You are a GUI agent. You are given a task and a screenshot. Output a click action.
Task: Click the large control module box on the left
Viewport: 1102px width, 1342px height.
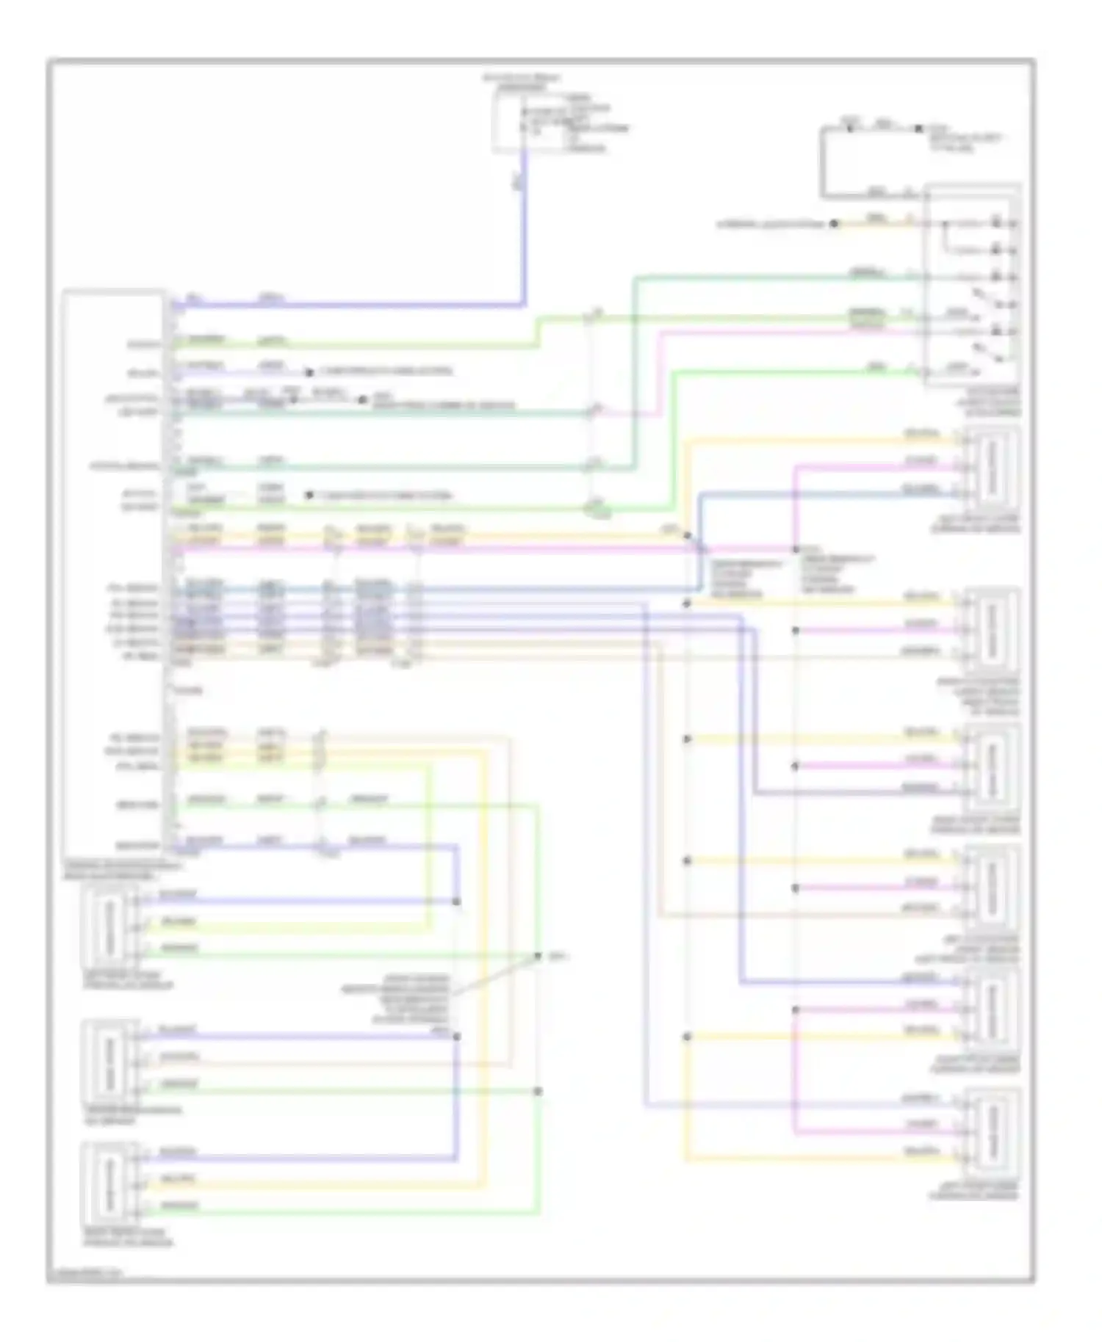(x=114, y=569)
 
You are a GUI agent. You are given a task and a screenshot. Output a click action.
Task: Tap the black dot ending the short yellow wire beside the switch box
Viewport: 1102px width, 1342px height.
(x=834, y=223)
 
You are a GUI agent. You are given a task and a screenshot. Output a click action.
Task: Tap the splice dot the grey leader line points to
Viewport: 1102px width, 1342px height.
(x=538, y=956)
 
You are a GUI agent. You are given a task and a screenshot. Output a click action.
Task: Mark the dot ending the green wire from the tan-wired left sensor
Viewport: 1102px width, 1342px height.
(x=538, y=1091)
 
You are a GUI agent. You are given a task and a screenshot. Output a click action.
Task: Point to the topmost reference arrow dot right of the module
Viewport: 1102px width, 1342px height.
(x=309, y=372)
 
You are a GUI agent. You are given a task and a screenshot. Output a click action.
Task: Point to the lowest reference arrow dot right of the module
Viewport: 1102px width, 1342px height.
(x=309, y=496)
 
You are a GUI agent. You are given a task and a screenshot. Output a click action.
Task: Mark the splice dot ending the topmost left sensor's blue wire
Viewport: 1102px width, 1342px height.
(x=456, y=901)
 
